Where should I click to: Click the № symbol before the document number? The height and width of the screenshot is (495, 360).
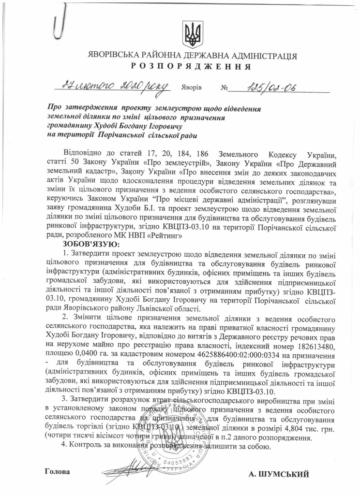click(x=224, y=89)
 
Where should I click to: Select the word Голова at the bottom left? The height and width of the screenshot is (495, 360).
click(x=57, y=471)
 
